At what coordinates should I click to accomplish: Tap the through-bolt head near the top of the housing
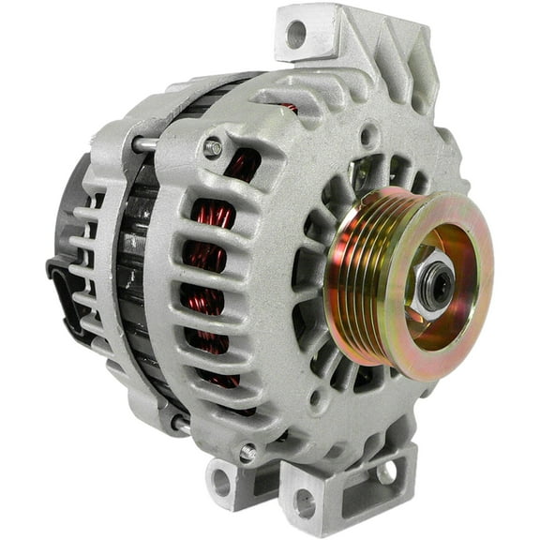[213, 147]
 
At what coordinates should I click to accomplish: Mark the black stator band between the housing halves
[131, 281]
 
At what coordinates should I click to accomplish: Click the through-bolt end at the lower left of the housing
[177, 423]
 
